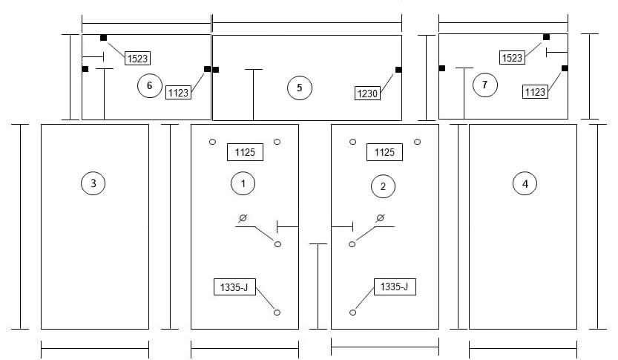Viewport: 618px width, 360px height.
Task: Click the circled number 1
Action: [x=243, y=183]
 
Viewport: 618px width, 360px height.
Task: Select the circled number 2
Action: [x=383, y=186]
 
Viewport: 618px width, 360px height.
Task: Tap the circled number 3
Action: [x=93, y=183]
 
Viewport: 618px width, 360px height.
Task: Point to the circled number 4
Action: [x=525, y=183]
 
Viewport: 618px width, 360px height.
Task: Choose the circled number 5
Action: [x=300, y=88]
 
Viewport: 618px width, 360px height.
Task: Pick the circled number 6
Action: [x=150, y=85]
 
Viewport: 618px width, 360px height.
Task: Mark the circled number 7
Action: [x=484, y=85]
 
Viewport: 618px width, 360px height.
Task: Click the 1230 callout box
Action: [x=367, y=94]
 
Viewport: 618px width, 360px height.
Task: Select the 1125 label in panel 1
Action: [x=245, y=152]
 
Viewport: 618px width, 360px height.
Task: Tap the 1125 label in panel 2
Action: [x=384, y=152]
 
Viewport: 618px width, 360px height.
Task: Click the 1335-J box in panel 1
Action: [x=234, y=287]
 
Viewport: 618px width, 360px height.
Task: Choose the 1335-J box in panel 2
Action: [x=395, y=287]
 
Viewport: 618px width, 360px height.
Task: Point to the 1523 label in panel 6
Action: [x=137, y=59]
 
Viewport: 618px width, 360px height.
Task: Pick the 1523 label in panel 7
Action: [x=512, y=58]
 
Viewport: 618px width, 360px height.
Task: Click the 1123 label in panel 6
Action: [x=178, y=93]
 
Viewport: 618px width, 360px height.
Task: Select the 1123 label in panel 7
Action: [x=535, y=92]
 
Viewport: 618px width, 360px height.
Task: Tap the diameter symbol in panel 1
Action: [x=243, y=217]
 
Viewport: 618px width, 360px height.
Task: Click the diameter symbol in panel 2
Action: [x=380, y=217]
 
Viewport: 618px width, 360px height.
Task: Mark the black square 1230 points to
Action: [x=398, y=70]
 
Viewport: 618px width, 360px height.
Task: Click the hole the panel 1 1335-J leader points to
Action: [x=277, y=312]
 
